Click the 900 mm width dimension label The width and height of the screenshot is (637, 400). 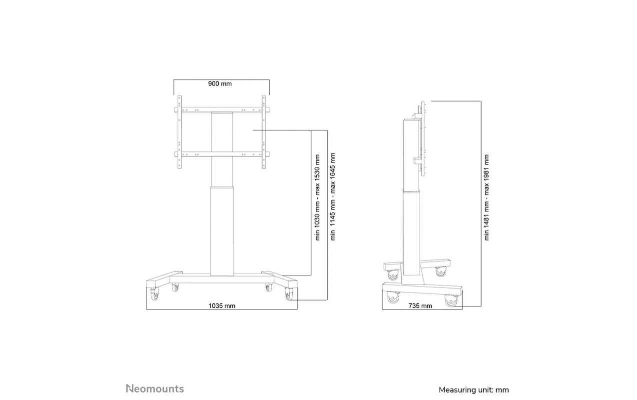(x=220, y=83)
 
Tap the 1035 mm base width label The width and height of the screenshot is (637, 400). (x=222, y=306)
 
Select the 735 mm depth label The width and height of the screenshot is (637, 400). (x=420, y=306)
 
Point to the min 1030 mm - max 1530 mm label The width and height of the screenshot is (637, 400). (x=317, y=197)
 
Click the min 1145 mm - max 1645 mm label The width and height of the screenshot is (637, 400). (x=332, y=196)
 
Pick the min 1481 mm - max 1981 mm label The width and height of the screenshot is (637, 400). (x=487, y=197)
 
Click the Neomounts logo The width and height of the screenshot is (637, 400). (x=155, y=388)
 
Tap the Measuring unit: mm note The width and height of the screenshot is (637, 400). (x=474, y=390)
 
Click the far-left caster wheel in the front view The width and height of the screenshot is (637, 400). (x=154, y=294)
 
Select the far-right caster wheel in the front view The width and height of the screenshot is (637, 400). (x=289, y=294)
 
